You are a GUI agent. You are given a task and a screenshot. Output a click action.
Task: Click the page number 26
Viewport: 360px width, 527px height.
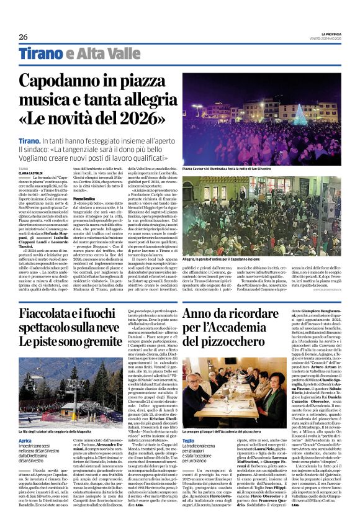point(23,37)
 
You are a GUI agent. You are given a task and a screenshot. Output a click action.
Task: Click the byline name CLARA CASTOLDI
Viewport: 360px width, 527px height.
point(31,172)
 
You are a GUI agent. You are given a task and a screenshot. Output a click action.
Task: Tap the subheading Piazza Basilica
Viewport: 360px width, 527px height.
point(85,198)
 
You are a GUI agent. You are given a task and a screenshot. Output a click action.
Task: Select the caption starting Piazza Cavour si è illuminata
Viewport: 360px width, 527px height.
point(228,168)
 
